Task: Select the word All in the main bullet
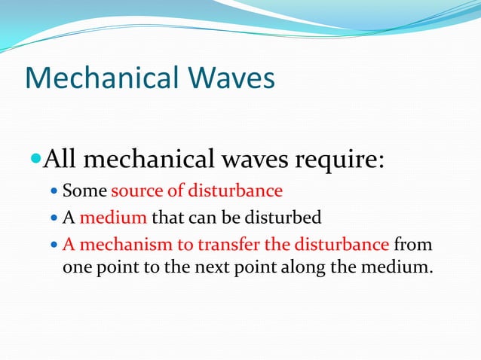tap(60, 160)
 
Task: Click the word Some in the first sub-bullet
tap(84, 190)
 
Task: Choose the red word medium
tap(113, 218)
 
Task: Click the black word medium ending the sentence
tap(399, 267)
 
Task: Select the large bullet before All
tap(35, 160)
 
